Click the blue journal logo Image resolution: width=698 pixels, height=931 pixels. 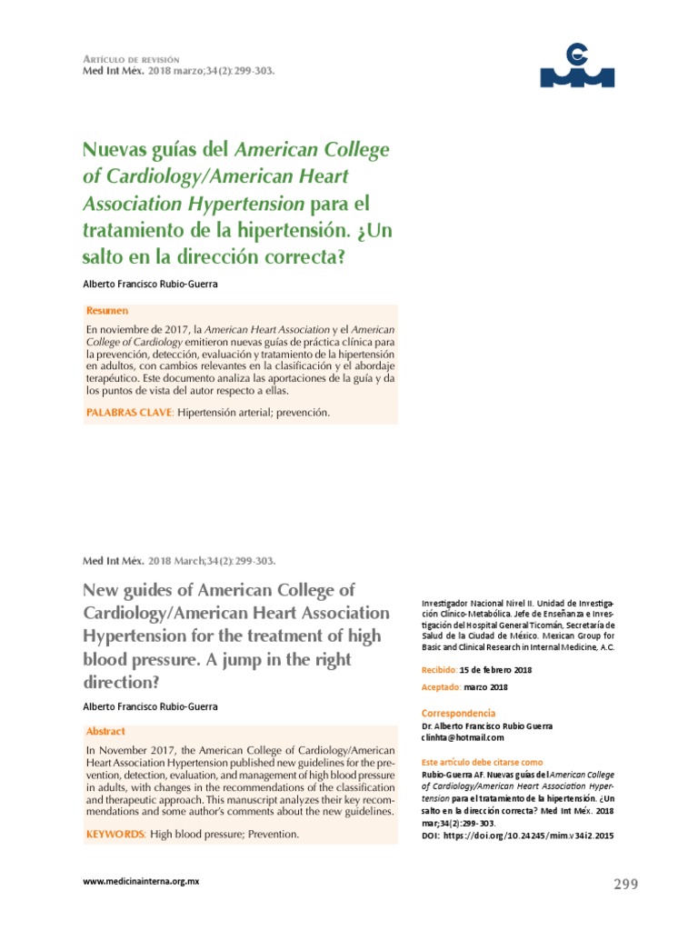click(x=577, y=65)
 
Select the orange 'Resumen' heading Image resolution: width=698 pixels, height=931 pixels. click(x=107, y=311)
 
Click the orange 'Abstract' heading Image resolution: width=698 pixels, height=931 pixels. click(x=105, y=731)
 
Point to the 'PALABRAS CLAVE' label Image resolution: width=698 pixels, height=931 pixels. click(x=128, y=413)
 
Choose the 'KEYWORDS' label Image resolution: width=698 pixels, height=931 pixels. click(x=115, y=834)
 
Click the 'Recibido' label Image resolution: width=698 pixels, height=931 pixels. click(x=440, y=670)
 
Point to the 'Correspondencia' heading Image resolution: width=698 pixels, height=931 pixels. click(x=459, y=713)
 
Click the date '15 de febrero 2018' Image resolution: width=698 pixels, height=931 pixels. click(x=496, y=670)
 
